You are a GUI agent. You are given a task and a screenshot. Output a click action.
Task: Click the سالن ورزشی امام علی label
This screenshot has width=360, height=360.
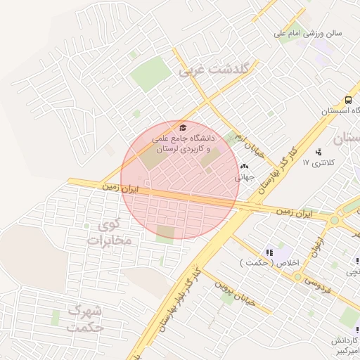(313, 32)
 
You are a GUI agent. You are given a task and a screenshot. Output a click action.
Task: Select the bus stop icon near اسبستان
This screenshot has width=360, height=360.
(349, 101)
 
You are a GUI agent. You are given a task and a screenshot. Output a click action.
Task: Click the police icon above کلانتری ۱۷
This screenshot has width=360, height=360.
(319, 151)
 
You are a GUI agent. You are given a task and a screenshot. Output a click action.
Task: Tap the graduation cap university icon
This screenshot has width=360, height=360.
(184, 127)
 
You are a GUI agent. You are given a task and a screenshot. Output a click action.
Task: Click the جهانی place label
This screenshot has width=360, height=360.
(245, 178)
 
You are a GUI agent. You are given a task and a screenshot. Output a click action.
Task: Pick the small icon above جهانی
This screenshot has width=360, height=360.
(245, 167)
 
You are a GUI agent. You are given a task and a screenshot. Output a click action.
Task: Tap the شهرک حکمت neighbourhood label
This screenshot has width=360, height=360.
(86, 319)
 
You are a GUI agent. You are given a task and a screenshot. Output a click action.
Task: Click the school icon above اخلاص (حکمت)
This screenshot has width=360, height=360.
(269, 252)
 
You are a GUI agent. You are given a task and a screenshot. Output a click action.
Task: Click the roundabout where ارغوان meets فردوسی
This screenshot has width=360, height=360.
(298, 277)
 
